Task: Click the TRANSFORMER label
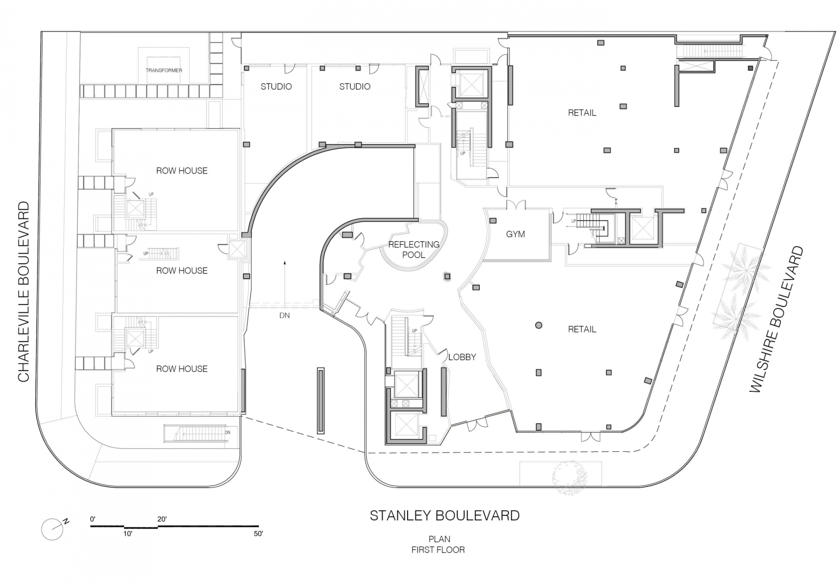point(164,70)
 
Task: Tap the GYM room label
point(515,234)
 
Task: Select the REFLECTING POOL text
point(414,249)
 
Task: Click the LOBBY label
point(462,357)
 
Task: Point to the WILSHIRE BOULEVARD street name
point(776,320)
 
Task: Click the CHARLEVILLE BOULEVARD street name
point(24,291)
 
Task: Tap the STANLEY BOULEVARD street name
point(444,515)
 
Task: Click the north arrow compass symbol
point(53,529)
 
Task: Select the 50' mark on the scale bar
point(258,533)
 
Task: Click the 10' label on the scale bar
point(128,534)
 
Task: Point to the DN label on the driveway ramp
point(284,315)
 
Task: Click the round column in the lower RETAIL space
point(539,325)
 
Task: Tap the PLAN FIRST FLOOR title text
point(438,544)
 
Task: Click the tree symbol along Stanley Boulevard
point(569,478)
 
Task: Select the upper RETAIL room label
point(582,113)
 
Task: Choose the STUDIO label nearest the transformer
point(276,87)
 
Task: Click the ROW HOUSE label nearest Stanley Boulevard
point(182,369)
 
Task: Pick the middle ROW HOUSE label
point(182,271)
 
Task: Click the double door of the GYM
point(515,205)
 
